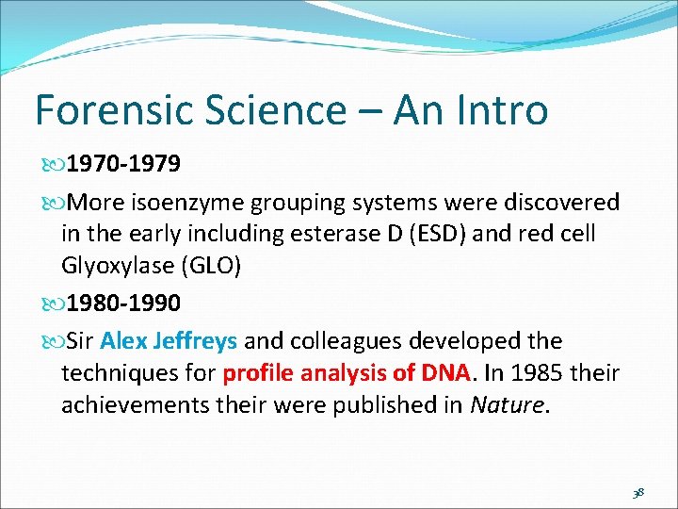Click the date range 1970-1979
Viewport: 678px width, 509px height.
pyautogui.click(x=125, y=165)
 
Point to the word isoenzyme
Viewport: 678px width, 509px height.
pyautogui.click(x=199, y=203)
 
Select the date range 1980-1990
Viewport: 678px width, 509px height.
pyautogui.click(x=125, y=303)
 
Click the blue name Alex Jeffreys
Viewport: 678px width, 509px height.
pyautogui.click(x=169, y=340)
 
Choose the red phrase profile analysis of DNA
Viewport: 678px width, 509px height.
pyautogui.click(x=347, y=372)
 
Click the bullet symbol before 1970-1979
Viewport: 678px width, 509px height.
pyautogui.click(x=50, y=166)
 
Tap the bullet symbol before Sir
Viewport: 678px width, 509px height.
pyautogui.click(x=50, y=341)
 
